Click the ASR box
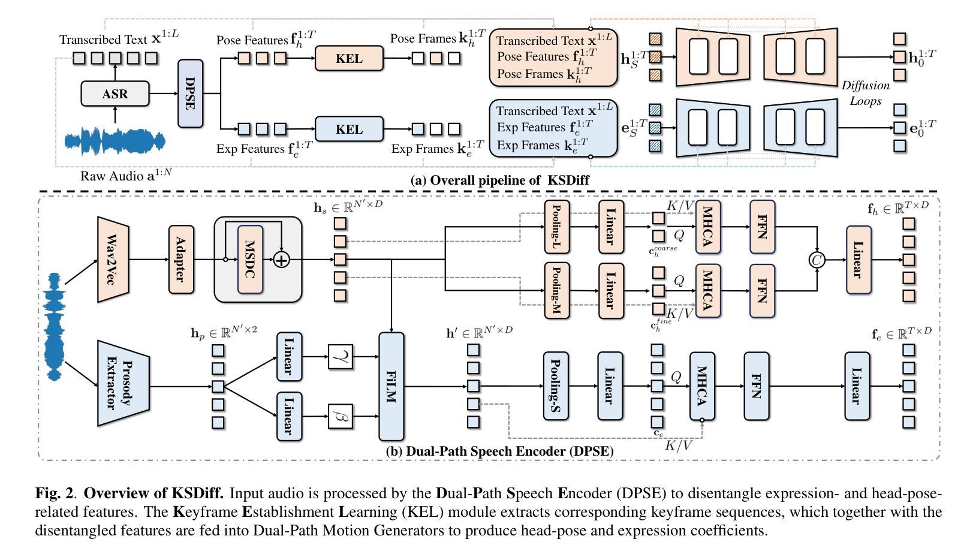[x=115, y=94]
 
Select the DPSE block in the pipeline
[x=190, y=94]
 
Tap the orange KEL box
[x=349, y=59]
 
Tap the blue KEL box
[x=349, y=129]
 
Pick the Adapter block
[x=181, y=260]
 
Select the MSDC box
[x=250, y=260]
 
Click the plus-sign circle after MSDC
[x=281, y=260]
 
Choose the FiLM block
[x=391, y=387]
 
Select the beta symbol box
[x=341, y=416]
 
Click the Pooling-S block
[x=555, y=386]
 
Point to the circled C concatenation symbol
[x=817, y=260]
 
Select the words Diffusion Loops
[x=865, y=93]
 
